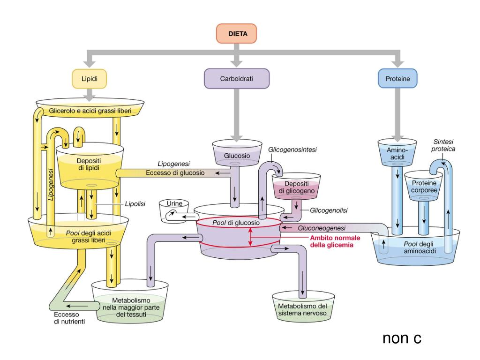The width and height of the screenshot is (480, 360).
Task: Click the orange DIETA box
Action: pos(236,33)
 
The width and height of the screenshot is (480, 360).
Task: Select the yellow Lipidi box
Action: pos(90,79)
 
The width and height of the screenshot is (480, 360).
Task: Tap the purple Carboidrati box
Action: pos(237,79)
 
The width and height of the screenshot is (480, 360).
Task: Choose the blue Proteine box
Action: pos(397,79)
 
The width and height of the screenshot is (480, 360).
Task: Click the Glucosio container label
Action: pos(237,156)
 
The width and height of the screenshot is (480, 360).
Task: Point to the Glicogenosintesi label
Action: pos(292,150)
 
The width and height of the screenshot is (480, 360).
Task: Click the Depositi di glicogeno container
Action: pos(296,186)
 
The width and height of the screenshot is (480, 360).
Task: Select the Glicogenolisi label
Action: pos(329,210)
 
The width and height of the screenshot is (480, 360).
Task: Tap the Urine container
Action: pos(174,211)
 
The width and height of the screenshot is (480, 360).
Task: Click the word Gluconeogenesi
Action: pos(322,228)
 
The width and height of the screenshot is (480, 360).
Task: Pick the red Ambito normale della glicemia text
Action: pos(335,241)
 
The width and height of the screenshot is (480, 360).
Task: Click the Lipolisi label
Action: pos(135,204)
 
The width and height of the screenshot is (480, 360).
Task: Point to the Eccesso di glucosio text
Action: pos(175,173)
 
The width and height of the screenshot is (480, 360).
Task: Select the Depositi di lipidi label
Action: pos(89,164)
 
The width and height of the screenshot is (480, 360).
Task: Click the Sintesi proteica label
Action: pos(443,145)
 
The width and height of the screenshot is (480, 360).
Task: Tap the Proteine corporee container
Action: pos(424,186)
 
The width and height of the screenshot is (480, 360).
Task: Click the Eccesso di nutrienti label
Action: pos(69,318)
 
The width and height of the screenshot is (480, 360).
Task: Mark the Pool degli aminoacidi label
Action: pos(419,247)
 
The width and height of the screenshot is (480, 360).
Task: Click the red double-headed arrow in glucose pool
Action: pos(250,237)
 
